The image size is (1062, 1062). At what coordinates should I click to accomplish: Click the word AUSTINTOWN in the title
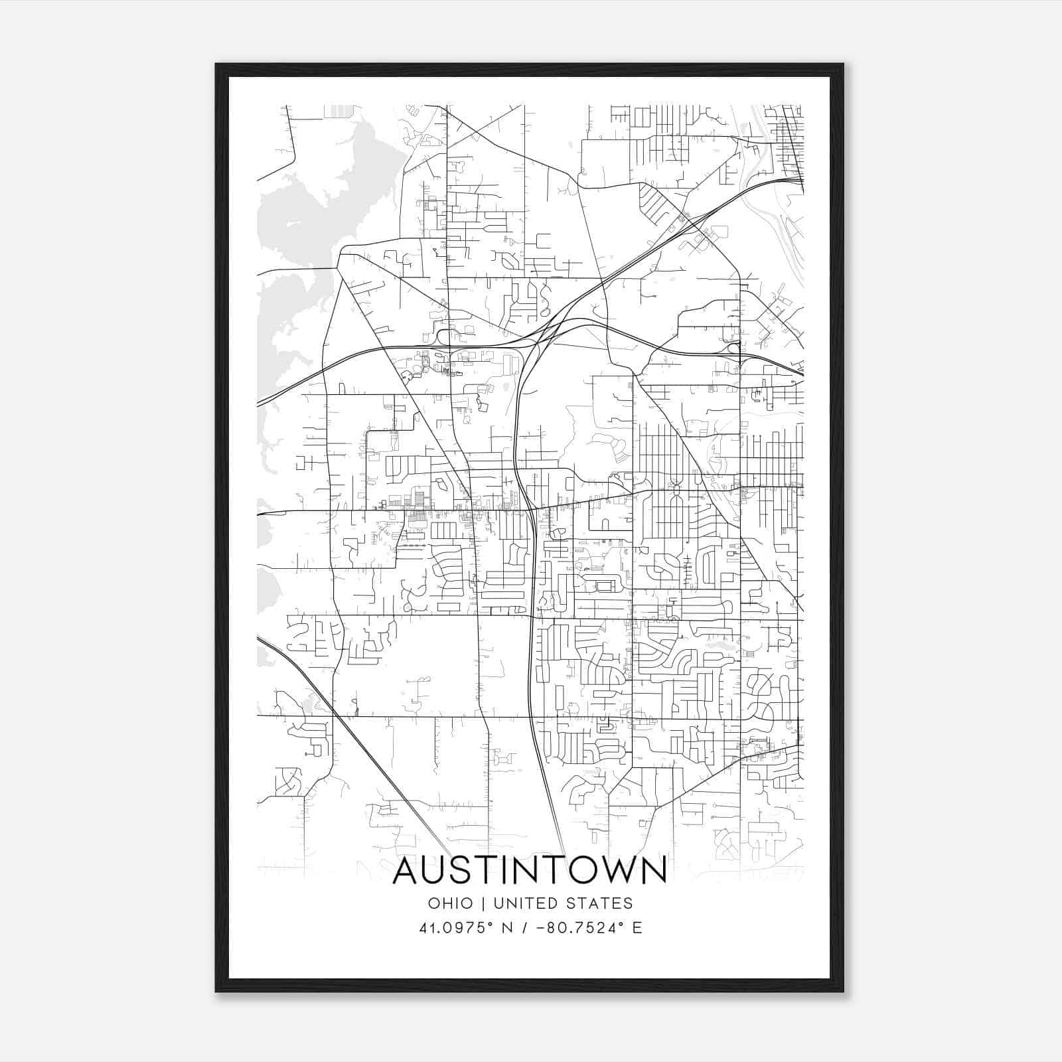pyautogui.click(x=530, y=870)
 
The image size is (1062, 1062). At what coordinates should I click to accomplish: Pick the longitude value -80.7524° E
pyautogui.click(x=584, y=928)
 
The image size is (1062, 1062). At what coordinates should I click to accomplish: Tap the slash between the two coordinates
pyautogui.click(x=524, y=928)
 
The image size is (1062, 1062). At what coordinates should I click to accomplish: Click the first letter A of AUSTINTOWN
pyautogui.click(x=406, y=870)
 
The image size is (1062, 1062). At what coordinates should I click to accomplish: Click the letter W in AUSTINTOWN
pyautogui.click(x=620, y=870)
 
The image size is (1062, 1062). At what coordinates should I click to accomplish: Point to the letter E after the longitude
pyautogui.click(x=638, y=928)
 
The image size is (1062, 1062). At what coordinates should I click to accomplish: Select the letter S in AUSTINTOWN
pyautogui.click(x=465, y=870)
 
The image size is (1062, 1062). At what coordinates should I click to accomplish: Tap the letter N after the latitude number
pyautogui.click(x=509, y=928)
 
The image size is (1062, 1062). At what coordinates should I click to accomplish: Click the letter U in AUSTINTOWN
pyautogui.click(x=436, y=870)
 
